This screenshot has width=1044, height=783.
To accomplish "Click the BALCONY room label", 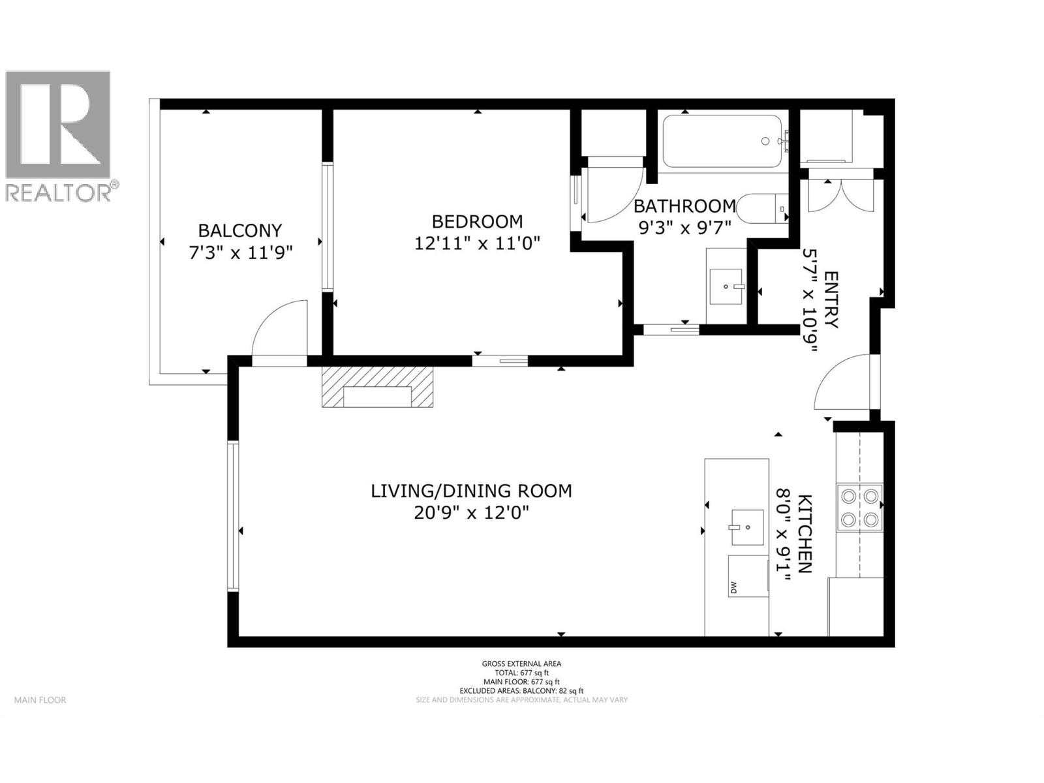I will coord(239,230).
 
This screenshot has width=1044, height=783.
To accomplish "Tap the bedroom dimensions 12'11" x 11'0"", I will coord(478,243).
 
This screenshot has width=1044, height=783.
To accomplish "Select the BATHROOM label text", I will coord(684,206).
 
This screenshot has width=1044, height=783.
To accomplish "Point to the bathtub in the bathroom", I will coord(722,142).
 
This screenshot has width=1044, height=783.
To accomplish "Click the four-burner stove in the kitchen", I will coord(859,507).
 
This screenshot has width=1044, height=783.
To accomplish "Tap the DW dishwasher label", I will coord(733,588).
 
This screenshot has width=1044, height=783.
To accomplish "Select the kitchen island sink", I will coord(747,527).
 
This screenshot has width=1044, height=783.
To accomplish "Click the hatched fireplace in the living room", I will coord(377,388).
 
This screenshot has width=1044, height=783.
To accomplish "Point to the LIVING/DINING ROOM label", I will coord(471,491).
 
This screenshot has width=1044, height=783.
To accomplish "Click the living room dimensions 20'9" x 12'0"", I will coord(471,513).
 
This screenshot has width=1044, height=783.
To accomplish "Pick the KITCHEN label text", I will coord(805,534).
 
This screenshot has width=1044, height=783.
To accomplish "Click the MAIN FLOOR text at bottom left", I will coord(40,700).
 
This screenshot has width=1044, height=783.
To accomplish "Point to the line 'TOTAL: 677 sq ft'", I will coord(521,673).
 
